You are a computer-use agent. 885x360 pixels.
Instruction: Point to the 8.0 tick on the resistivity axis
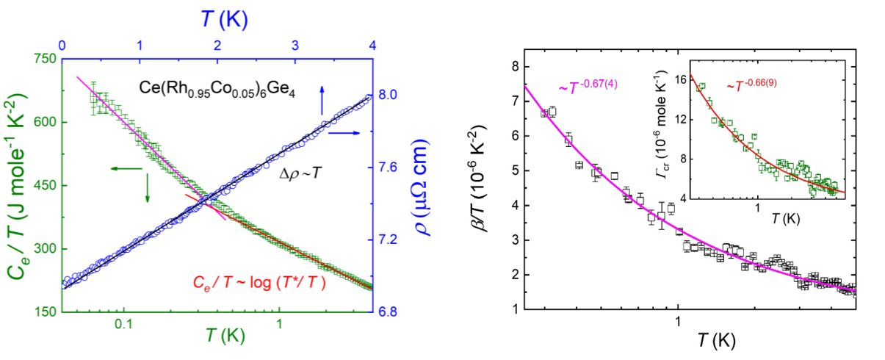coord(389,95)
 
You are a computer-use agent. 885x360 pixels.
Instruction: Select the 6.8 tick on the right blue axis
coord(389,312)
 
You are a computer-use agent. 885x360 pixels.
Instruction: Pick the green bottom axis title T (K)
coord(217,345)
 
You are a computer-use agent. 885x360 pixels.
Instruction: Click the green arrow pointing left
coord(125,170)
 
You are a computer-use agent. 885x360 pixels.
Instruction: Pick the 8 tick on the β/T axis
coord(514,66)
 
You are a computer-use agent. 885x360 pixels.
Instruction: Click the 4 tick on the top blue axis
coord(372,45)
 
